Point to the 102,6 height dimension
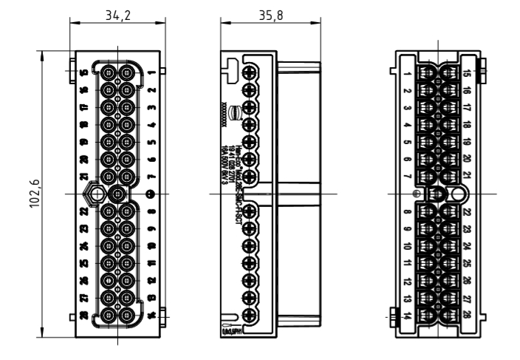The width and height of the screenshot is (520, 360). click(34, 194)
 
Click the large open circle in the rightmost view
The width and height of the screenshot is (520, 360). click(459, 194)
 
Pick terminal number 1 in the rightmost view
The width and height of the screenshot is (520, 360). click(408, 75)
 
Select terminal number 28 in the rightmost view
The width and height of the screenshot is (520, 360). click(468, 316)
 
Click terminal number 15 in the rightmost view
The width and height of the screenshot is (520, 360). click(468, 75)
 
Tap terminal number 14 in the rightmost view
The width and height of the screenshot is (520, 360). click(408, 316)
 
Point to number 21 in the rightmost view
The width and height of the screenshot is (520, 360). click(468, 175)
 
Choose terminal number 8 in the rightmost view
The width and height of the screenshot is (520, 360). click(408, 213)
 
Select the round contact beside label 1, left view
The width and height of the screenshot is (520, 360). click(127, 73)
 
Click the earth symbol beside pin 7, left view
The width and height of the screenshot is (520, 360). click(151, 194)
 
